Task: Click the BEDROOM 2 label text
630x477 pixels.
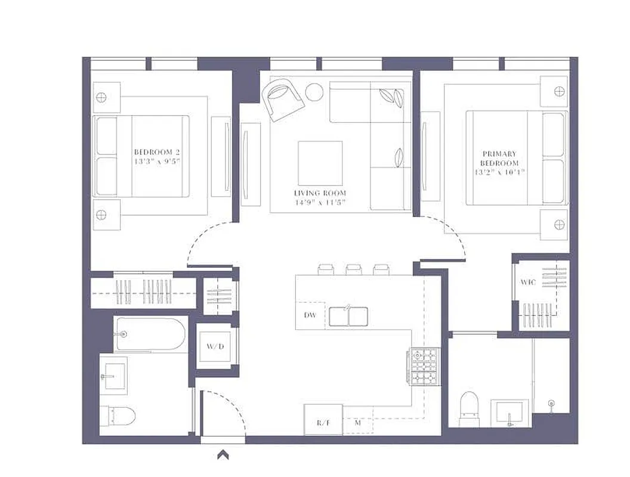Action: point(157,152)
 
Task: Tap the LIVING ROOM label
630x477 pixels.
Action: point(320,193)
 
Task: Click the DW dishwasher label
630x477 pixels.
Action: point(310,315)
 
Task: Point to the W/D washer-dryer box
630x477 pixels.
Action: point(215,346)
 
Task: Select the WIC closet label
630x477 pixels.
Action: point(528,282)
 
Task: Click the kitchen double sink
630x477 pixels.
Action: point(348,316)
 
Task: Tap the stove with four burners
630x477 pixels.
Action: point(423,366)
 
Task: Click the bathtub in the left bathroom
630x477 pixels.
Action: point(151,334)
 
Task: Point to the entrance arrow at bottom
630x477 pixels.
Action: point(224,455)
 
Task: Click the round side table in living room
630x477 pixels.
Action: point(314,92)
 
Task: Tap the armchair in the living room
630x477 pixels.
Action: point(283,99)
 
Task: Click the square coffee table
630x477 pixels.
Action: point(320,163)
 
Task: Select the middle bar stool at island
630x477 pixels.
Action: point(354,270)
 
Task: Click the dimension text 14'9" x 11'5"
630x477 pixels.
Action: point(320,203)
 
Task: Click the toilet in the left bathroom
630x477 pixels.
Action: point(119,415)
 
